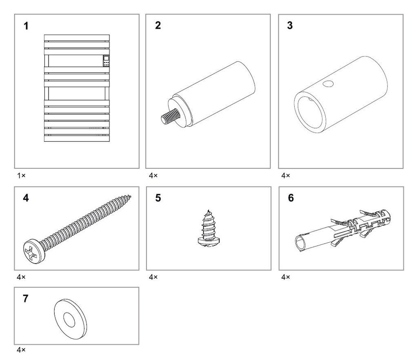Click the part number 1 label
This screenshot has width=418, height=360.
[x=26, y=26]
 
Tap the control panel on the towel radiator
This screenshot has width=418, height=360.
[x=106, y=61]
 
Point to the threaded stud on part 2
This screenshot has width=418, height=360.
[x=171, y=116]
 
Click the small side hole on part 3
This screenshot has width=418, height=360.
[x=328, y=84]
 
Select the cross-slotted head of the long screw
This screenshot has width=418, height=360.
[x=34, y=250]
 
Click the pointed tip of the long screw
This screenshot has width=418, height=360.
[x=130, y=197]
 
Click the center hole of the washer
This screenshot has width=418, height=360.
[x=69, y=320]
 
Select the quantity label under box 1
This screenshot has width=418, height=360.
[x=21, y=175]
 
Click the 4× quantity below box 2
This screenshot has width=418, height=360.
[x=153, y=175]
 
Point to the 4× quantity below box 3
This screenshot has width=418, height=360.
[x=285, y=175]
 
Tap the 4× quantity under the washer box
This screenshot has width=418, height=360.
[x=21, y=350]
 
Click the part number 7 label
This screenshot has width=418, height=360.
[x=26, y=299]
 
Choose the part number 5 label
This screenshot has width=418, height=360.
[x=158, y=198]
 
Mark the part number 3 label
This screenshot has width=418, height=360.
[x=290, y=25]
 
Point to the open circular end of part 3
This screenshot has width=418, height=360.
[x=310, y=112]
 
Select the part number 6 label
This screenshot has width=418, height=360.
[x=291, y=198]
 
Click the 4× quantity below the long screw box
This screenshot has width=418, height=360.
[x=21, y=277]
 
